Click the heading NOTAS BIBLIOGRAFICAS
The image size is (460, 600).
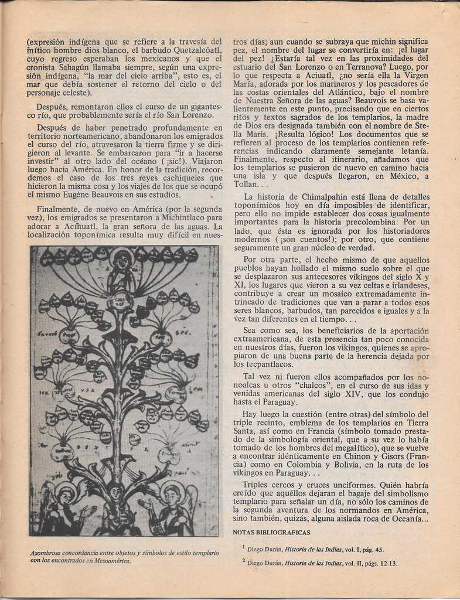(x=271, y=533)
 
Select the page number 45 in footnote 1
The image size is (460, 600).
(x=379, y=550)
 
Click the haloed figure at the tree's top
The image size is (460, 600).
(x=122, y=264)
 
